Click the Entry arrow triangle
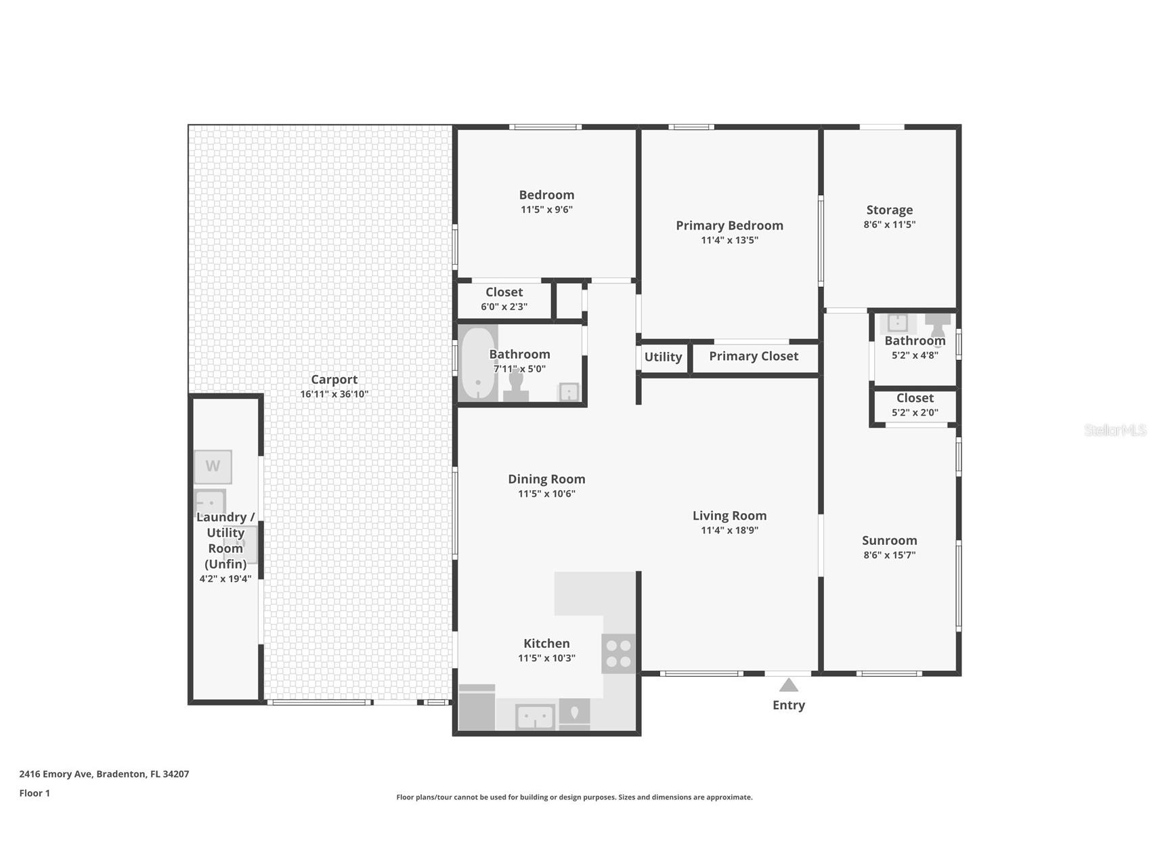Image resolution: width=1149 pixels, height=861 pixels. tap(789, 685)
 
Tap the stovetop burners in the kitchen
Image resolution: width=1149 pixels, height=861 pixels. tap(619, 654)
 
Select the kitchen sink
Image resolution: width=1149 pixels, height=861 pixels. tap(535, 717)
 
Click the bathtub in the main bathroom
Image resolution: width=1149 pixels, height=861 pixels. tap(478, 364)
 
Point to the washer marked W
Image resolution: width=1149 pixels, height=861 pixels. tap(213, 466)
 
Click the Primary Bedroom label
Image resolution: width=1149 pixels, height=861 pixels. tap(729, 225)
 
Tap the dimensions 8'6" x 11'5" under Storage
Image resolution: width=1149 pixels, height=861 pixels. tap(889, 225)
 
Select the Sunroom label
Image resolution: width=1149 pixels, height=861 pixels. tap(889, 540)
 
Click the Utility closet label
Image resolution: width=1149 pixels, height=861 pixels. tap(663, 357)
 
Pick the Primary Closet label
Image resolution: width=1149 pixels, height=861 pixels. tap(754, 356)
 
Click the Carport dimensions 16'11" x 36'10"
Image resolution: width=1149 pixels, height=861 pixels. tap(334, 394)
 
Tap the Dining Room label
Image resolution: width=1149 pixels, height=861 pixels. tap(546, 479)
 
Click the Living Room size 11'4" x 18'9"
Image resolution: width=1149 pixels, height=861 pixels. tap(729, 530)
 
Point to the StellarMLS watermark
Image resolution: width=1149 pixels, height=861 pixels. tap(1114, 430)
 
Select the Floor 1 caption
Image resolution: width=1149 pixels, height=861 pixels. tap(35, 793)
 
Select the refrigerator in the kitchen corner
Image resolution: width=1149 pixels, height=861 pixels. tap(477, 708)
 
